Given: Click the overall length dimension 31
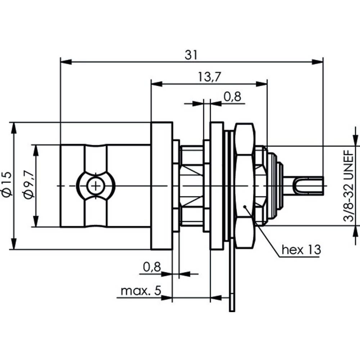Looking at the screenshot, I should (x=191, y=55).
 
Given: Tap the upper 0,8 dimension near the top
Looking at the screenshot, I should (x=232, y=96).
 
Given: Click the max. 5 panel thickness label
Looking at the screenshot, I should (x=140, y=291).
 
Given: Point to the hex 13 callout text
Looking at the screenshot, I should (x=301, y=249).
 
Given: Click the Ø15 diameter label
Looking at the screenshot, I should (x=8, y=185).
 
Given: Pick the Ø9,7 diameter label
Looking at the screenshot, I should (x=29, y=185).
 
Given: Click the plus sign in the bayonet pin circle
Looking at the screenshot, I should (x=95, y=186).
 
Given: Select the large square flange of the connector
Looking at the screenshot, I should (x=161, y=185).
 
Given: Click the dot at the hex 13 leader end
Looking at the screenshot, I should (x=244, y=207).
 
